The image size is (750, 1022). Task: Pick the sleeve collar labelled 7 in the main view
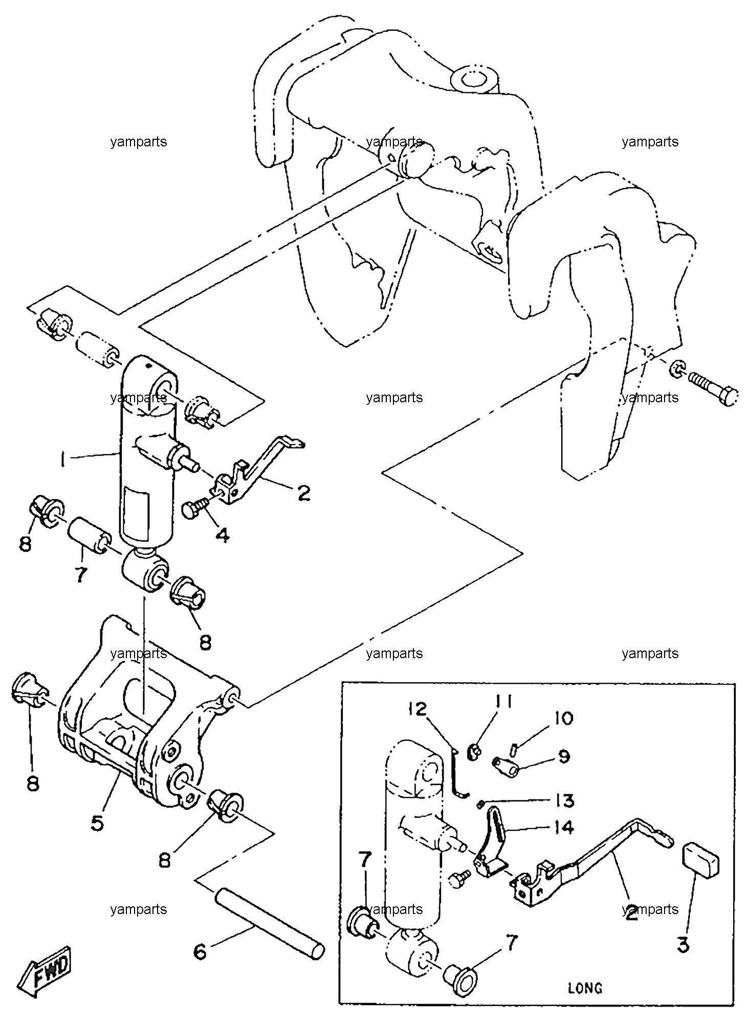91,535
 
